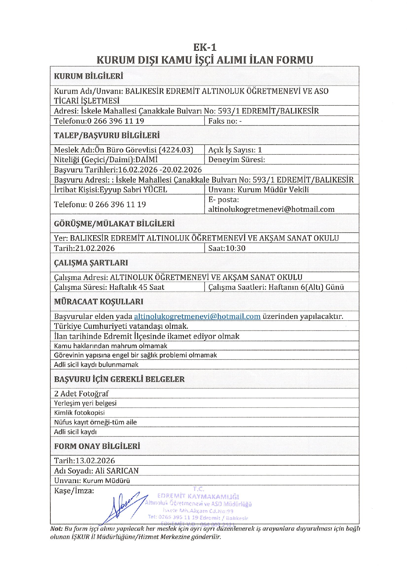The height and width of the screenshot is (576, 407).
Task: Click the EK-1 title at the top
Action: click(x=205, y=47)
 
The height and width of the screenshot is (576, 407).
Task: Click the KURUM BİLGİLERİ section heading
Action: click(x=88, y=76)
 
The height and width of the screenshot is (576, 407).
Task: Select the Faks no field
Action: click(x=225, y=121)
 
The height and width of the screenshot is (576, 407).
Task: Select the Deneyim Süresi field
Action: click(x=236, y=160)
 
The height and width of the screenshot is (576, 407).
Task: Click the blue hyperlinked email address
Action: click(x=197, y=316)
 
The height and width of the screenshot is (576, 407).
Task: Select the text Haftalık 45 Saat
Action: click(x=136, y=287)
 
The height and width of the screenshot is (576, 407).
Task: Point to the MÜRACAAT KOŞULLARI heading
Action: click(x=99, y=301)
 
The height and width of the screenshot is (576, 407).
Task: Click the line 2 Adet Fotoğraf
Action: click(x=81, y=393)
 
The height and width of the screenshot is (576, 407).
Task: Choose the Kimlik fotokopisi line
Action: click(x=79, y=412)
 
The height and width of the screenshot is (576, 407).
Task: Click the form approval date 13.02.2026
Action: click(x=95, y=460)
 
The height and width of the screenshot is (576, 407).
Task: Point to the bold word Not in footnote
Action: click(x=56, y=529)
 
